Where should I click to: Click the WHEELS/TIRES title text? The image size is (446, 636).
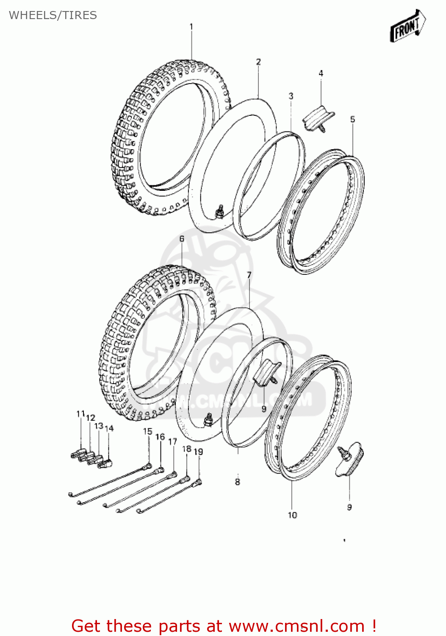click(x=53, y=15)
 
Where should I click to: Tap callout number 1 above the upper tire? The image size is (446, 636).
click(x=191, y=27)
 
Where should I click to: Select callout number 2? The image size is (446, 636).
click(x=258, y=62)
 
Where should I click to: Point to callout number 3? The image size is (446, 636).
click(x=291, y=96)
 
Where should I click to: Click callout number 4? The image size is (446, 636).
click(x=321, y=73)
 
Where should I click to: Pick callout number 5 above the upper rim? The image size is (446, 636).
click(x=353, y=120)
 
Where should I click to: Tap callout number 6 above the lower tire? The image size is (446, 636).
click(x=182, y=239)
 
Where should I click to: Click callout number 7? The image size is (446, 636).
click(x=249, y=275)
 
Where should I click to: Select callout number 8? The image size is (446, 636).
click(x=238, y=482)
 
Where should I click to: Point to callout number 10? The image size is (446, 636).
click(x=293, y=515)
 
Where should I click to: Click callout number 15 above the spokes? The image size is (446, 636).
click(x=147, y=431)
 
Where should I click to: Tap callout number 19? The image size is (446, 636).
click(x=199, y=452)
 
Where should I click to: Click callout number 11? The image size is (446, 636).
click(x=80, y=414)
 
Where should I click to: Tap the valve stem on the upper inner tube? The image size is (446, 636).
click(x=220, y=211)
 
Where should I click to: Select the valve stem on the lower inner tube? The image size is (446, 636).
click(x=208, y=420)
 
